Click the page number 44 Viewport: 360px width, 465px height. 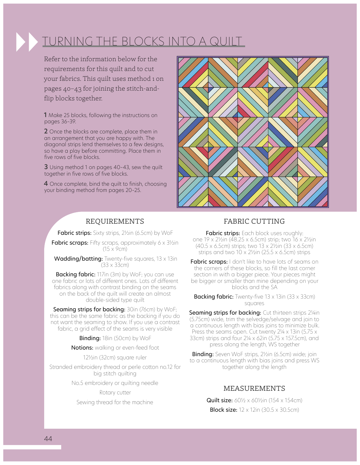(48, 439)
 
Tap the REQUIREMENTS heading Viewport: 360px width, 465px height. (115, 221)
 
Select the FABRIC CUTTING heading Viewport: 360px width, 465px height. (254, 221)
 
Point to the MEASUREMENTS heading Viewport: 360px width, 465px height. (254, 388)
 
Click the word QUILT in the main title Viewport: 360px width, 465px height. (226, 42)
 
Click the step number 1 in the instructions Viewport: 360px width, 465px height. (45, 115)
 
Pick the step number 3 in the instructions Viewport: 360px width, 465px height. (46, 167)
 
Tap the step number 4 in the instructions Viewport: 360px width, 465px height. (46, 183)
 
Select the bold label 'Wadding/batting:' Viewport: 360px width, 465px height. (78, 259)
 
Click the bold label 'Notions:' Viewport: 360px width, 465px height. (82, 348)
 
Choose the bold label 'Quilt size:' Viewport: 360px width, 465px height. (219, 400)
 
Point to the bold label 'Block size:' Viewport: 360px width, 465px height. (223, 410)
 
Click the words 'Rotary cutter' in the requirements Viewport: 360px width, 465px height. (115, 392)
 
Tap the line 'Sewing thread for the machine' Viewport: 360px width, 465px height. (115, 402)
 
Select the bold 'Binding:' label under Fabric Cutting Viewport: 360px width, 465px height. (203, 354)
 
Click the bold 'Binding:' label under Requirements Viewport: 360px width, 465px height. (90, 338)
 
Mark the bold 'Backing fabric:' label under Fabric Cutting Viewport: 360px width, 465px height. (213, 297)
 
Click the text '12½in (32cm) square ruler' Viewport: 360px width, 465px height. (115, 357)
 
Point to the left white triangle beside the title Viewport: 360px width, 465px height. (21, 42)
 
